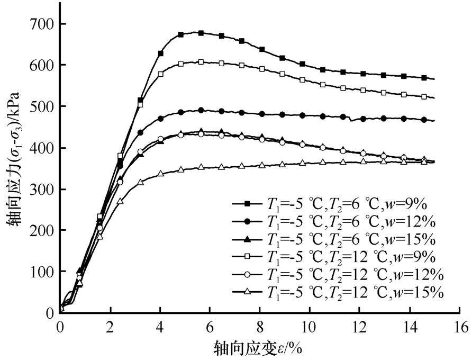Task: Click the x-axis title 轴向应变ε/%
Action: [x=259, y=348]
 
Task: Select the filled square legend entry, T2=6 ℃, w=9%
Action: [x=333, y=203]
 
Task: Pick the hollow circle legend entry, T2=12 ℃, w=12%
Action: [x=333, y=274]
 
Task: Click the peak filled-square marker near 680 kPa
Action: [x=201, y=33]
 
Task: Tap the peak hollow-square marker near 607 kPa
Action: [x=201, y=62]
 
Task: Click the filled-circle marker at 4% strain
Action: [x=160, y=119]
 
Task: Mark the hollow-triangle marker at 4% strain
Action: [x=160, y=174]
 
